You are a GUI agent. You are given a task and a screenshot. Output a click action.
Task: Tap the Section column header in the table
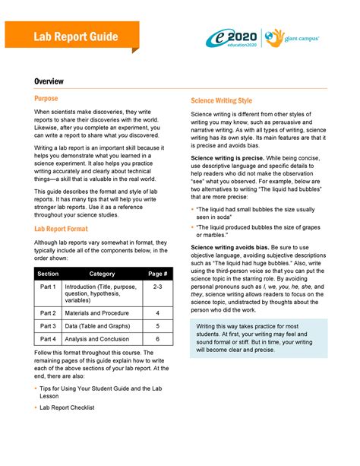(48, 273)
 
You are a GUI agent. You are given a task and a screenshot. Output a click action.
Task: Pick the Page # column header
(157, 273)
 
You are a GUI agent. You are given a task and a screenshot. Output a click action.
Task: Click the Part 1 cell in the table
(48, 287)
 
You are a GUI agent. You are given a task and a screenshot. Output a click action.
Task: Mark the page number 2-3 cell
(157, 287)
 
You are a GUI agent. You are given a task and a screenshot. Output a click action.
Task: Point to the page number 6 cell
(157, 339)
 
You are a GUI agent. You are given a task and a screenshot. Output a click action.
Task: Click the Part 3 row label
(48, 326)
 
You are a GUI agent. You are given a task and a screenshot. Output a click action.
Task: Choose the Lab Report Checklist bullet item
(69, 407)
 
